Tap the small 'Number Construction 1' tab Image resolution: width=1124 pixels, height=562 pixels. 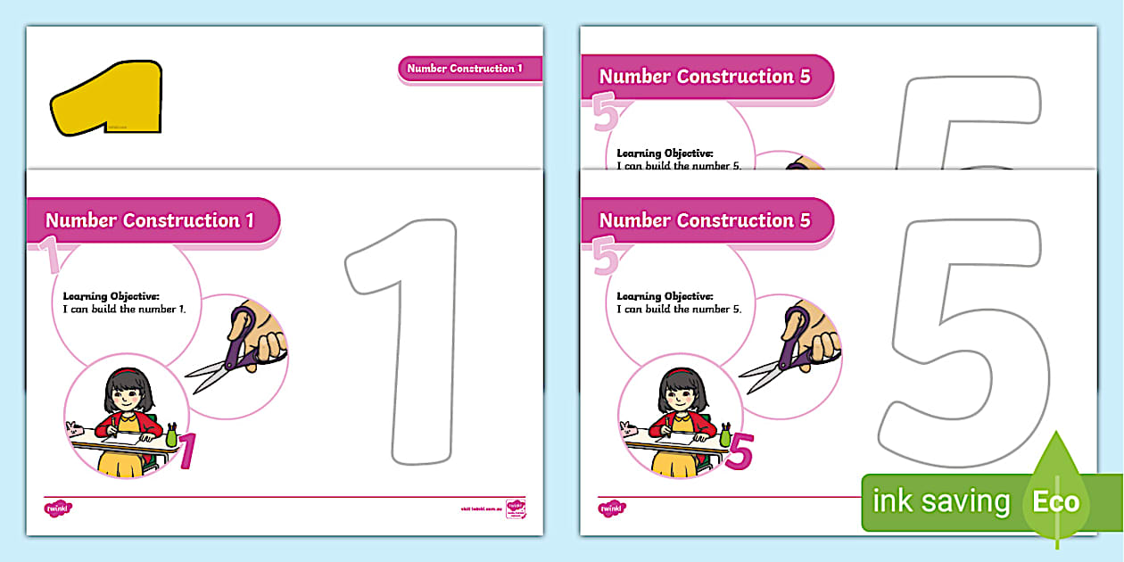coord(465,69)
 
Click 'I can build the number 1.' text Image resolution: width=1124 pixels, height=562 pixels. coord(131,309)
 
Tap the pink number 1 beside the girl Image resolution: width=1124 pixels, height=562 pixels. coord(186,451)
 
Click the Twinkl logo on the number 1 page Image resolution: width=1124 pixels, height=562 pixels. coord(58,508)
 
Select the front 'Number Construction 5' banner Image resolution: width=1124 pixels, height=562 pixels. coord(705,220)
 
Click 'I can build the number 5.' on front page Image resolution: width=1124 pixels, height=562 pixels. coord(679,309)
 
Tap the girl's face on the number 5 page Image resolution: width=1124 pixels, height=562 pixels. coord(680,393)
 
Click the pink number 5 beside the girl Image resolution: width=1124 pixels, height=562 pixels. coord(740,451)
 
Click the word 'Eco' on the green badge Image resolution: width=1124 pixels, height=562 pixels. coord(1056,502)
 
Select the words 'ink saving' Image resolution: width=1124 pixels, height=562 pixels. coord(941,502)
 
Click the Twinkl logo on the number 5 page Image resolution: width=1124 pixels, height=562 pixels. coord(611,508)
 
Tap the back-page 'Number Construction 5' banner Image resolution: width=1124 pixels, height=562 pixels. coord(705,77)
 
